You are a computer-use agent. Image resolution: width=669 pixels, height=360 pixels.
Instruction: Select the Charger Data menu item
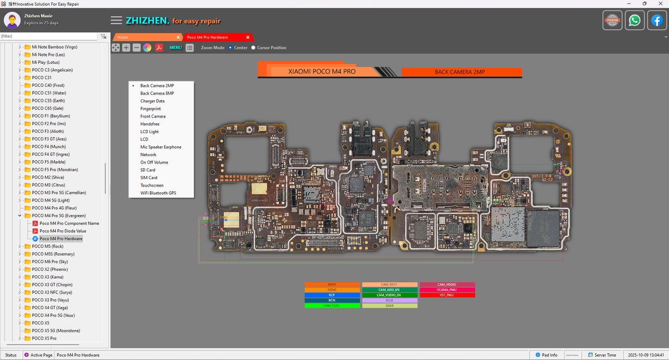point(152,101)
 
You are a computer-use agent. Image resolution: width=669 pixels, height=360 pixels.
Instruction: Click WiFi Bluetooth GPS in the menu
point(158,193)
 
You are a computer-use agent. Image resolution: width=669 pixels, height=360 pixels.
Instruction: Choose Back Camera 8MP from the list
point(157,93)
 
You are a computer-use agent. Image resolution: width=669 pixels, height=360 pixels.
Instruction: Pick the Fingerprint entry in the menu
point(151,109)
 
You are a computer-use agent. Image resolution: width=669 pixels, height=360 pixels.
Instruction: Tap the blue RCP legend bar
point(332,295)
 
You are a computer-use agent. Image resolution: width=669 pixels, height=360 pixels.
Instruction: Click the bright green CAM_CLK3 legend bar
point(332,305)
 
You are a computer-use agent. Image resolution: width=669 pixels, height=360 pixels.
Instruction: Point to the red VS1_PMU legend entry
point(447,295)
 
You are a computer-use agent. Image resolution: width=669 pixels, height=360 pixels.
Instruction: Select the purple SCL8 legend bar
point(389,300)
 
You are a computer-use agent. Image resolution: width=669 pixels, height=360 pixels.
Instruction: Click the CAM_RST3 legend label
point(389,285)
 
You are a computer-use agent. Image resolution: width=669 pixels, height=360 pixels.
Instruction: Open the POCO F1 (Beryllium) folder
point(51,116)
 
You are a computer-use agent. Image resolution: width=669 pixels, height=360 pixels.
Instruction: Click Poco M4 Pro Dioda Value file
point(63,231)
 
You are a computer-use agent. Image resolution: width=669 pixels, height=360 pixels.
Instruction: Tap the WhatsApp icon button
point(635,20)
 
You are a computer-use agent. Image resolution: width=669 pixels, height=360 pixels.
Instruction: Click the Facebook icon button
point(657,20)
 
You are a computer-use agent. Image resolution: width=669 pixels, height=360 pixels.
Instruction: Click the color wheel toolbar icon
point(147,48)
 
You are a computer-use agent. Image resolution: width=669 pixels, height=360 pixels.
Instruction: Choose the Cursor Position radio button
point(253,48)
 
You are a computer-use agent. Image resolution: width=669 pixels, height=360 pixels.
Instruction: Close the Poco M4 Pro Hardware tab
point(248,37)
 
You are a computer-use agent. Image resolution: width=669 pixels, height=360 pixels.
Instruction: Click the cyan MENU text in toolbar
point(176,48)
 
